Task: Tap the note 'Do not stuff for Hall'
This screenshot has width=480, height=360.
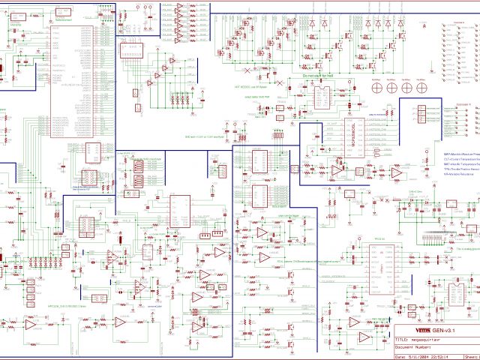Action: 316,76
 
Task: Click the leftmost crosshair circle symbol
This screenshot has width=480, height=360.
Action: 373,87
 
